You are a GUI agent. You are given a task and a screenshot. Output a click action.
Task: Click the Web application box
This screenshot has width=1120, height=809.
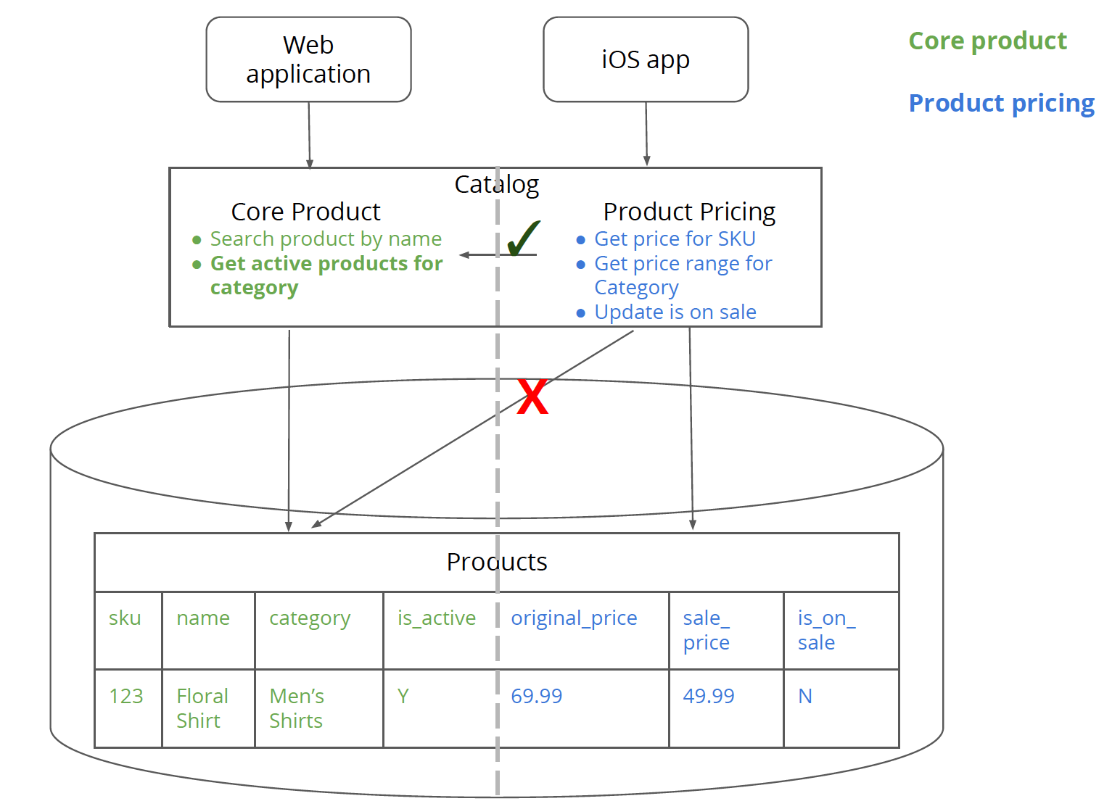tap(308, 59)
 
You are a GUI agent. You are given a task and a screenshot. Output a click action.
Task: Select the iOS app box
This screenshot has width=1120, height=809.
tap(646, 59)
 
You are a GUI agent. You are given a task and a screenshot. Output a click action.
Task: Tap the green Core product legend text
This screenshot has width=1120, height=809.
tap(987, 41)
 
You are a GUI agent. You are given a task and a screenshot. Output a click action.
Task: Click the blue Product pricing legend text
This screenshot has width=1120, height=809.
tap(1001, 104)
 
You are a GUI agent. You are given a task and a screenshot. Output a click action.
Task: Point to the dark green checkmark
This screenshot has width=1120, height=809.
tap(523, 238)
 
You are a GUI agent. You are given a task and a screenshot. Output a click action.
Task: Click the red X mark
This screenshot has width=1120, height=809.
tap(532, 397)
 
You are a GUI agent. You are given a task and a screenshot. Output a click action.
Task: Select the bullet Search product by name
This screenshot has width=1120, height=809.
tap(326, 238)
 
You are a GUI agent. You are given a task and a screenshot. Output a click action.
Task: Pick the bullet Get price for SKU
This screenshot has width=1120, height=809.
tap(675, 238)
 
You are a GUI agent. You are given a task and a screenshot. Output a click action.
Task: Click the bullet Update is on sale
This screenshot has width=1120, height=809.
tap(675, 312)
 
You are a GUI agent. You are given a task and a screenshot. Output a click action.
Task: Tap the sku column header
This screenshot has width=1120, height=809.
tap(125, 618)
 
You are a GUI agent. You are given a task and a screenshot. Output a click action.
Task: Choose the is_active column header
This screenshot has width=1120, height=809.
tap(437, 618)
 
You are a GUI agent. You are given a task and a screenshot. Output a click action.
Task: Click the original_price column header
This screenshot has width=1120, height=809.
tap(574, 618)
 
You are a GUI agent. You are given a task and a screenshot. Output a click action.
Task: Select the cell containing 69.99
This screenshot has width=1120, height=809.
tap(537, 697)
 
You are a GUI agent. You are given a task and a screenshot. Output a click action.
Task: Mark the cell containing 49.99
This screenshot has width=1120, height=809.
tap(709, 697)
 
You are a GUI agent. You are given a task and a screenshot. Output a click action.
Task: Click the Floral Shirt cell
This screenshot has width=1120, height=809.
tap(202, 708)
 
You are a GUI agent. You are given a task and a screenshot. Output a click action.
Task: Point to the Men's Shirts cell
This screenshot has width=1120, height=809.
tap(297, 708)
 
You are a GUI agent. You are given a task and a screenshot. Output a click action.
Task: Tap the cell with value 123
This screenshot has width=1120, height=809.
tap(126, 697)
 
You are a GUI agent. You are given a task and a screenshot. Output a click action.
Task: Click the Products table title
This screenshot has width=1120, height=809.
tap(497, 563)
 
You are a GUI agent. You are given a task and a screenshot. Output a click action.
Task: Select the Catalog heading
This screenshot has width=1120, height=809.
tap(497, 185)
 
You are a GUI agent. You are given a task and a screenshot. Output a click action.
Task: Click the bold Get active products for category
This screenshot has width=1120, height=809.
tap(326, 275)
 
